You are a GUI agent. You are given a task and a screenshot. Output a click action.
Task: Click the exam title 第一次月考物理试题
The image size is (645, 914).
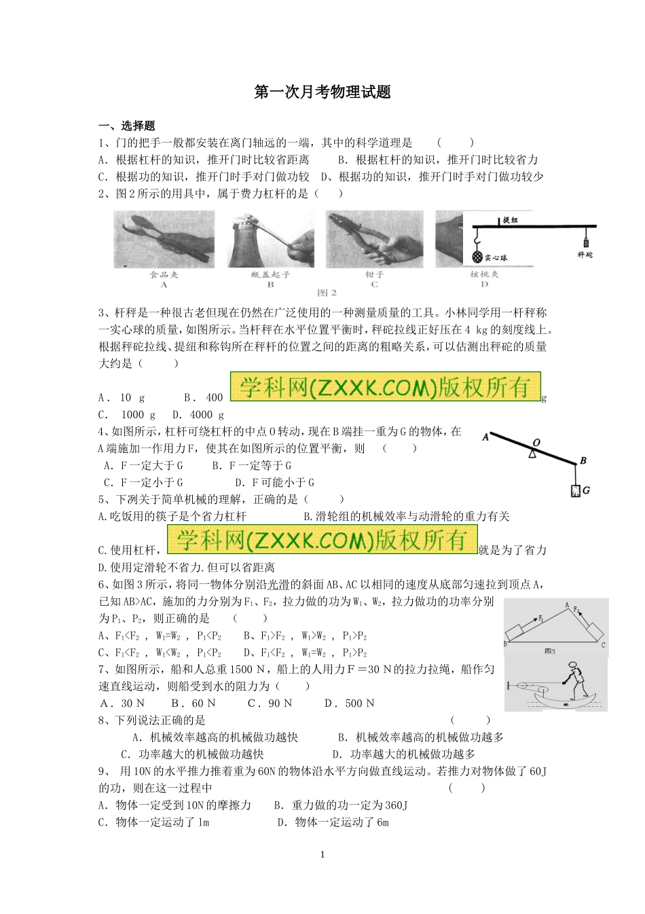(x=322, y=92)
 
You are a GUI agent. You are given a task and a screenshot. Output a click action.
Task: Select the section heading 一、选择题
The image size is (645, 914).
(x=127, y=126)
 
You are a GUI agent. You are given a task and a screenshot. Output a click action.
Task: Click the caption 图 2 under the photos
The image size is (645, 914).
(x=327, y=293)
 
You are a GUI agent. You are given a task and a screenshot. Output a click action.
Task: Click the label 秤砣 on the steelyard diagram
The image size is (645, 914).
(x=585, y=255)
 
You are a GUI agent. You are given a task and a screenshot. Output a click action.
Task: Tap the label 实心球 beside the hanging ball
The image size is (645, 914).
(x=496, y=258)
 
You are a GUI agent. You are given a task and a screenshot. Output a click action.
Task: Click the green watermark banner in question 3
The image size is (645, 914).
(x=385, y=387)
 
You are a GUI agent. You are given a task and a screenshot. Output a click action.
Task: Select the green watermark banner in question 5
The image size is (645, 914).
(x=322, y=540)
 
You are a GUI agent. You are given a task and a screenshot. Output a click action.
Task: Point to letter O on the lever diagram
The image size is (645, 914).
(x=536, y=442)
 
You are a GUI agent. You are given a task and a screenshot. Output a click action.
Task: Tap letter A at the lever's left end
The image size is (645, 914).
(x=485, y=437)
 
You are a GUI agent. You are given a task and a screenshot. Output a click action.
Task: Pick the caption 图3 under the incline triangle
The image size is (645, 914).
(x=550, y=651)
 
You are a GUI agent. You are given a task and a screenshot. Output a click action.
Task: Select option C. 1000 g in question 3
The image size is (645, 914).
(x=127, y=414)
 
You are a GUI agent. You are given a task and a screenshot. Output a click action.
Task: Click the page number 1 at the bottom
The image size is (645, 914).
(x=322, y=854)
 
